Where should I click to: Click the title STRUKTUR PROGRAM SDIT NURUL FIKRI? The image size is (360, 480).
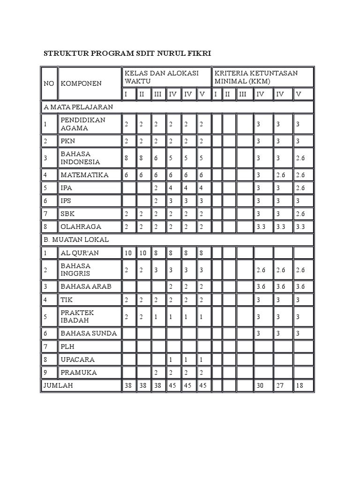[127, 53]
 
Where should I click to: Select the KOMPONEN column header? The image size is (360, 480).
[81, 83]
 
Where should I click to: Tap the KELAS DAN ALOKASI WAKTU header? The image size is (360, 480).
[161, 77]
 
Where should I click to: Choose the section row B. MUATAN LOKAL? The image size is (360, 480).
[76, 240]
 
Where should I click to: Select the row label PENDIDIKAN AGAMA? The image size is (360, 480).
[83, 124]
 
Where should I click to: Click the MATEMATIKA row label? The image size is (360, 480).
[84, 175]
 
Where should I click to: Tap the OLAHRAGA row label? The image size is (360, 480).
[81, 226]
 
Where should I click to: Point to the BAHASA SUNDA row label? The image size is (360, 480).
[89, 333]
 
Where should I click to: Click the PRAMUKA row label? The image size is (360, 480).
[79, 373]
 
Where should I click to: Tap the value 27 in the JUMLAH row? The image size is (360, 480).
[280, 386]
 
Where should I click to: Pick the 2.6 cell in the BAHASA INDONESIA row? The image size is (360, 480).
[300, 158]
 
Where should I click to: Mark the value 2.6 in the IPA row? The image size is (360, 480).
[300, 188]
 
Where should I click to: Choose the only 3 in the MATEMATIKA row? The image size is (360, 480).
[258, 175]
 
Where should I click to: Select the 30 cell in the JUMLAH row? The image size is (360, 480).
[260, 386]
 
